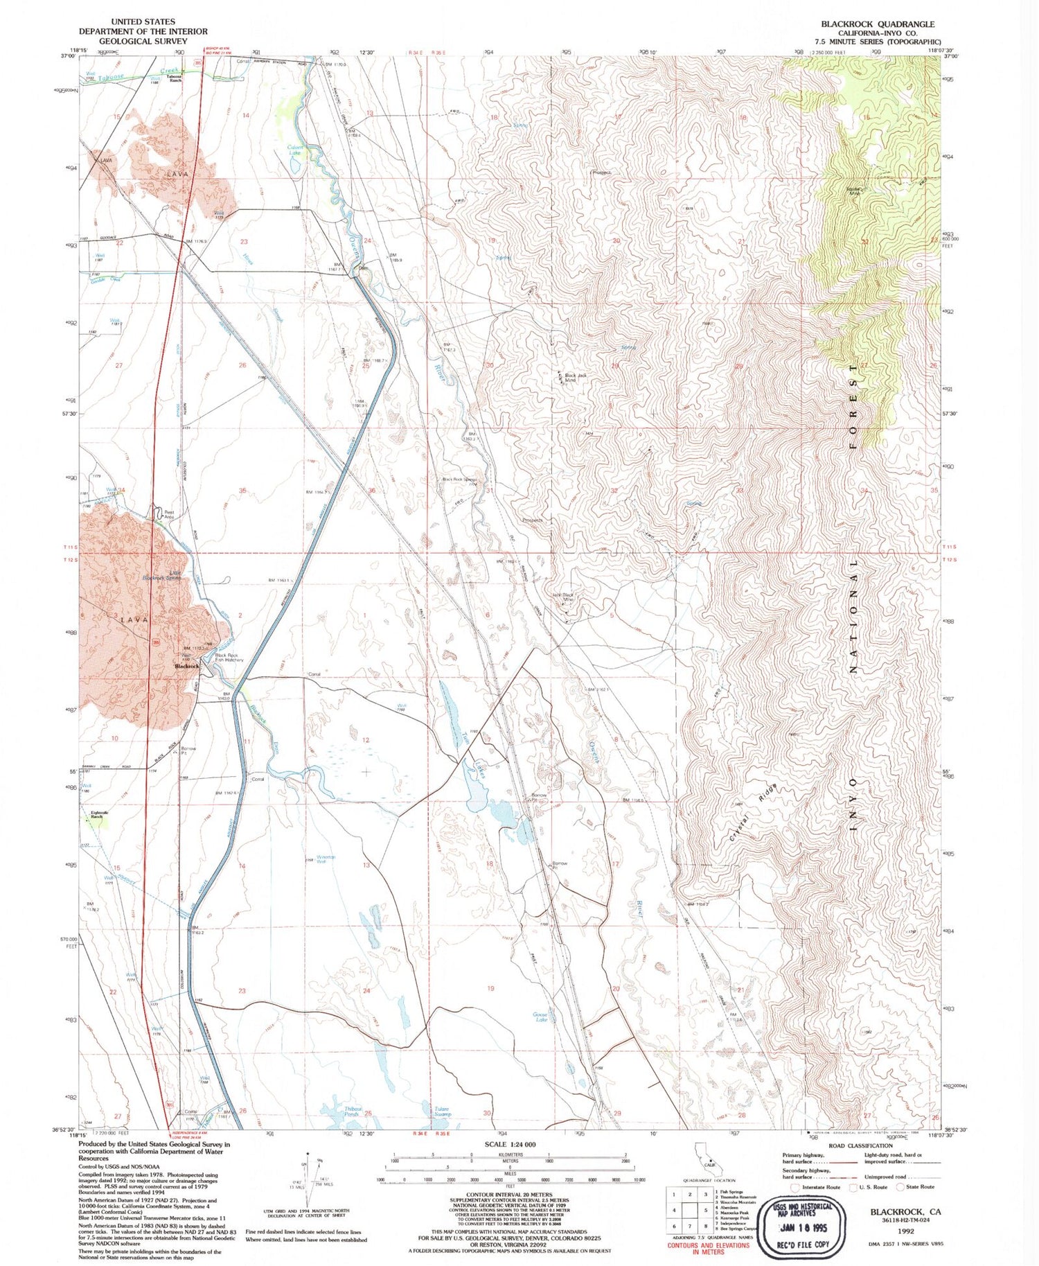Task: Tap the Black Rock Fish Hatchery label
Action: [229, 658]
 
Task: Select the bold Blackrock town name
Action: [187, 666]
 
